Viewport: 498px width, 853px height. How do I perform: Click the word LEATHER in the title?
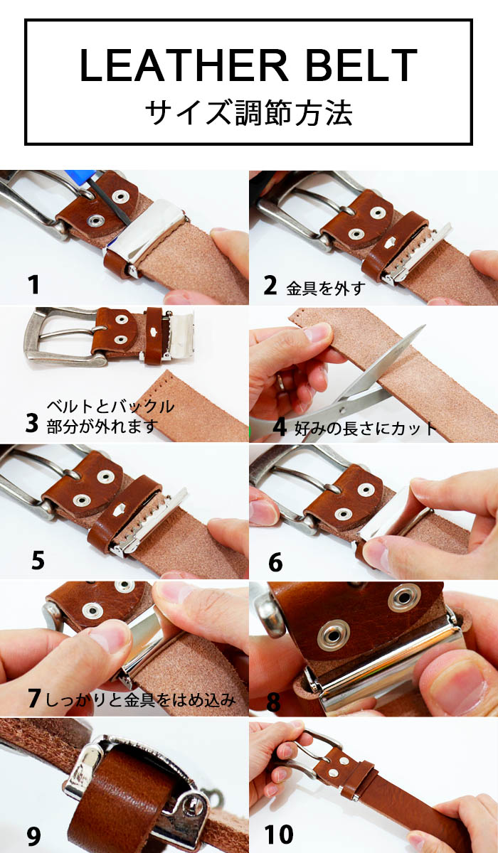pos(184,65)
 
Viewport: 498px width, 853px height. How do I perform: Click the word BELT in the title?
pos(361,65)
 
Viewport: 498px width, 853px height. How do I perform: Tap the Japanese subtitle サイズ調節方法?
pos(249,113)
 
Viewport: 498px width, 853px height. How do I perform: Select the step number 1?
pos(33,284)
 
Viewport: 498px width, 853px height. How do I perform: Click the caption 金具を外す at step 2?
pos(325,289)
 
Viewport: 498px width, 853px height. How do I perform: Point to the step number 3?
pos(32,423)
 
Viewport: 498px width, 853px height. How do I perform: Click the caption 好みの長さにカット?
pos(365,429)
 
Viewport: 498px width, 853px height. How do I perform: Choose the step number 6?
pos(275,562)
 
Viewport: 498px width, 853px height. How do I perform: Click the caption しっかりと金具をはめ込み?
pos(140,700)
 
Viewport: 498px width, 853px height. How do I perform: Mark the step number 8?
pos(274,702)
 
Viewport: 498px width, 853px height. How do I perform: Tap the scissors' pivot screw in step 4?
pos(341,410)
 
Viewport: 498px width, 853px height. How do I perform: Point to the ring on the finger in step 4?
pos(280,381)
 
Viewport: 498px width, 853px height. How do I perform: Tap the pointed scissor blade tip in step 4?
pos(425,326)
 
